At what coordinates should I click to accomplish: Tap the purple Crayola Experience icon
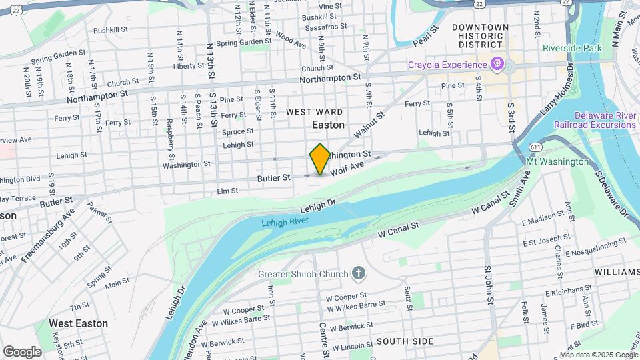pos(495,64)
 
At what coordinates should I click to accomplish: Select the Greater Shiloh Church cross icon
pos(359,274)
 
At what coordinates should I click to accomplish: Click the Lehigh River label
pos(285,223)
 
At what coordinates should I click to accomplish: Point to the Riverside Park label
pos(572,48)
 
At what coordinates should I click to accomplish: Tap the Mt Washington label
pos(557,161)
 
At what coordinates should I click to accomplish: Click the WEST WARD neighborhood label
pos(315,112)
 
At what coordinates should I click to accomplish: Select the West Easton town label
pos(78,323)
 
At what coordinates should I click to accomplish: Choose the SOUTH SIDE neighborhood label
pos(405,341)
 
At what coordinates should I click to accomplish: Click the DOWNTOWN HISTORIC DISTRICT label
pos(480,35)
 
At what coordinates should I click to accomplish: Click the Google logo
pos(22,351)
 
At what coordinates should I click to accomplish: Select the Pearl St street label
pos(427,37)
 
